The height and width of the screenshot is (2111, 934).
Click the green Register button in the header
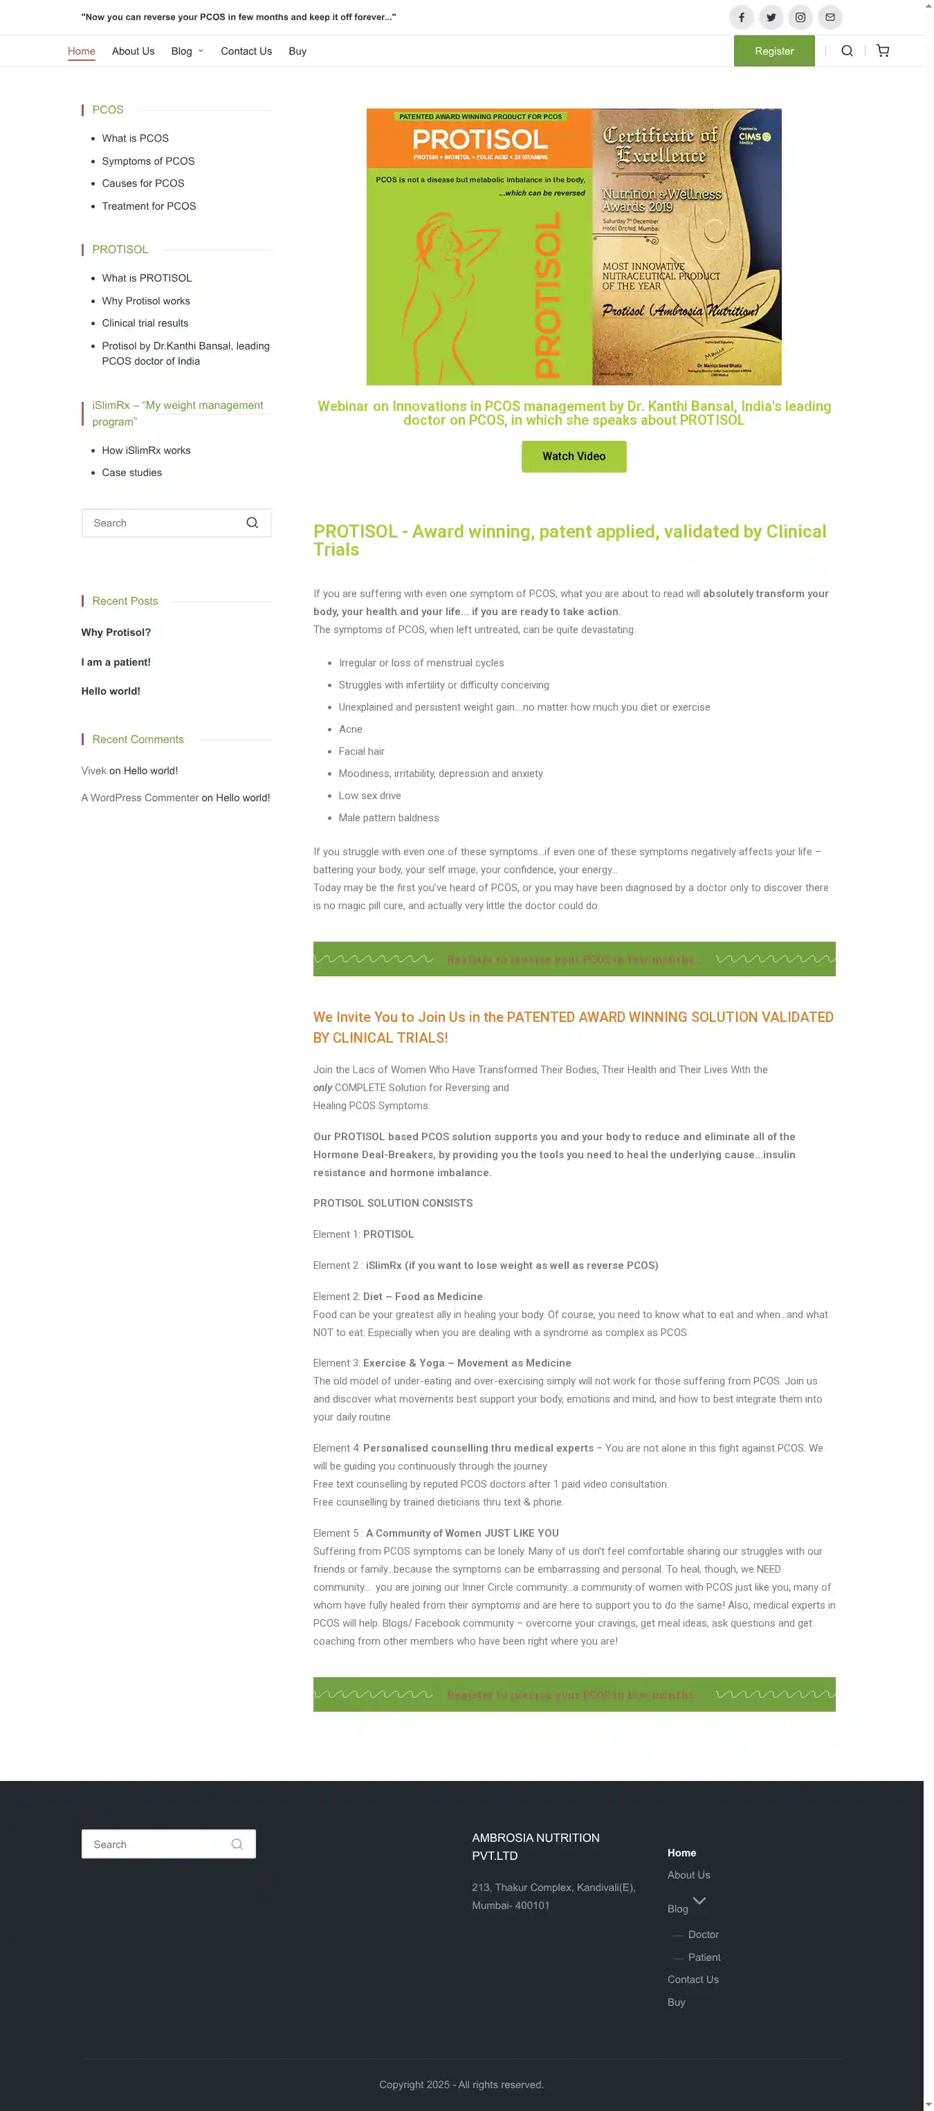pos(773,51)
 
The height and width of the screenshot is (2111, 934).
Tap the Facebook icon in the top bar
pos(741,17)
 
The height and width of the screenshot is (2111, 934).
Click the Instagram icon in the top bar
pos(800,17)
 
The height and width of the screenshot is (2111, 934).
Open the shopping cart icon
pos(881,51)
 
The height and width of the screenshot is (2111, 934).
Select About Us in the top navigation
pos(133,51)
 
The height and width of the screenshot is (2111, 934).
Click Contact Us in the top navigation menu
pos(246,51)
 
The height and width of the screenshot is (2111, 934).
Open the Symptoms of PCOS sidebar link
pos(148,161)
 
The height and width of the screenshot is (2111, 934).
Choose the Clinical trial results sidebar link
pos(145,323)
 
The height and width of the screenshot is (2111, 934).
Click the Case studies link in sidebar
pos(132,472)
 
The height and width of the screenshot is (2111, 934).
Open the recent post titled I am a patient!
pos(116,661)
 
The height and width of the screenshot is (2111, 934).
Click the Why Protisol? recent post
pos(116,632)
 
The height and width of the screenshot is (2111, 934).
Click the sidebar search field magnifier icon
pos(253,523)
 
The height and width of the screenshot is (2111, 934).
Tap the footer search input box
pos(156,1844)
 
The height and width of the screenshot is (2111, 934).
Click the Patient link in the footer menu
pos(704,1957)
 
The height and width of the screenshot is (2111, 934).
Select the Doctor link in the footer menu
pos(703,1934)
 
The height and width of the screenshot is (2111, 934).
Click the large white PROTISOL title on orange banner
pos(479,138)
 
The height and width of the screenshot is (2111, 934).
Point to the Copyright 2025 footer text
pos(461,2084)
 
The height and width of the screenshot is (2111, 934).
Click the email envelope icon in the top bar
pos(829,17)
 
